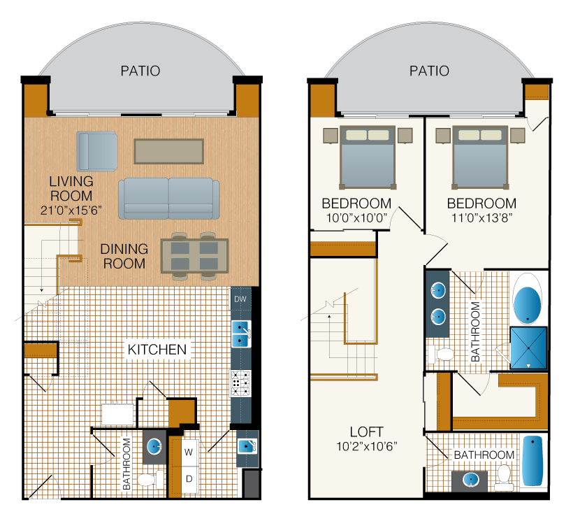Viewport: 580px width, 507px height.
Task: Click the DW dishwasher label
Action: pos(240,299)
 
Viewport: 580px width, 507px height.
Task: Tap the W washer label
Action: pos(188,452)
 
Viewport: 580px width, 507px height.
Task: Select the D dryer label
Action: pos(189,479)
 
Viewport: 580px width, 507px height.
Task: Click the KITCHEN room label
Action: pos(157,350)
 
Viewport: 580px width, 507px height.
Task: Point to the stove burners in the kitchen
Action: pos(241,383)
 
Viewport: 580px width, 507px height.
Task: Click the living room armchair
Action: pos(97,151)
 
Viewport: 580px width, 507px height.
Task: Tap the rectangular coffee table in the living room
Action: pos(168,151)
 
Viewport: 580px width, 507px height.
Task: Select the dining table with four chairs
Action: pos(194,256)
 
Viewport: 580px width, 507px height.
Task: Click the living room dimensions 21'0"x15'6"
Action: pos(71,210)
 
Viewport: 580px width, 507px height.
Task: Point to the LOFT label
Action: pos(367,432)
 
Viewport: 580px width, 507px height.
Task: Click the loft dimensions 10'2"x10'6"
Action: pos(367,446)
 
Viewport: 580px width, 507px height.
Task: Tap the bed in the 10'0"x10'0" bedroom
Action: pos(368,157)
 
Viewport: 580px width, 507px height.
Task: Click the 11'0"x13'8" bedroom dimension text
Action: pos(481,218)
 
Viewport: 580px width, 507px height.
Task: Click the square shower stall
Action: pos(528,348)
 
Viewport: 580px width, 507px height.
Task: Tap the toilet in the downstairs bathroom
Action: pos(151,480)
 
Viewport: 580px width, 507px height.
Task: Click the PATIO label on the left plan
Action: pos(140,71)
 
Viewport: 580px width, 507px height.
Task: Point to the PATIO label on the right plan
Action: pos(429,71)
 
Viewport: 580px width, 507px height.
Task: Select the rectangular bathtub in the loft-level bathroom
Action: pos(533,460)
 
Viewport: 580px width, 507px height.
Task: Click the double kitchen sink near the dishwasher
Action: pos(241,334)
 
